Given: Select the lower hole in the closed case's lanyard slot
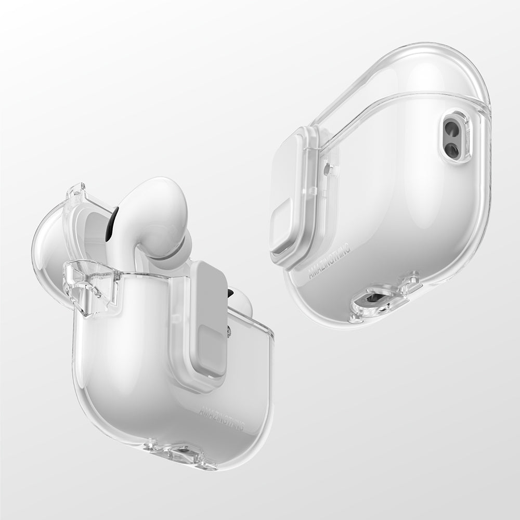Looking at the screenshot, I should (x=451, y=150).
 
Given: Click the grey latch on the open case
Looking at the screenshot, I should (x=208, y=322).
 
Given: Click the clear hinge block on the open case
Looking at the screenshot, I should (x=91, y=286).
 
